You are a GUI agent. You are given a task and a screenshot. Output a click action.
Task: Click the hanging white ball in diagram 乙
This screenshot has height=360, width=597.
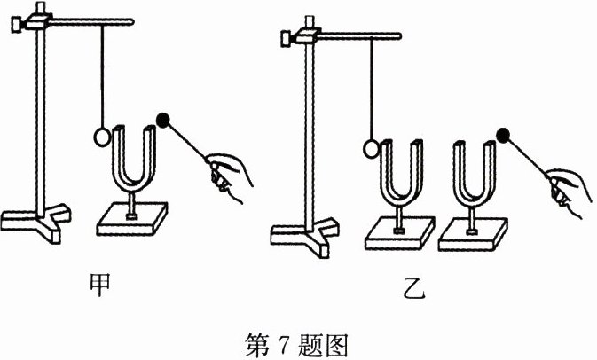[x=373, y=146]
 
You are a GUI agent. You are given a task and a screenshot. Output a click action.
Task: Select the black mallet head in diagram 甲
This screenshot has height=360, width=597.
[x=163, y=119]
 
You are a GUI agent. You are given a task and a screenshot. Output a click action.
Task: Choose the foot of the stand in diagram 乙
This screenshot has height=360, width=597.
[x=306, y=234]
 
